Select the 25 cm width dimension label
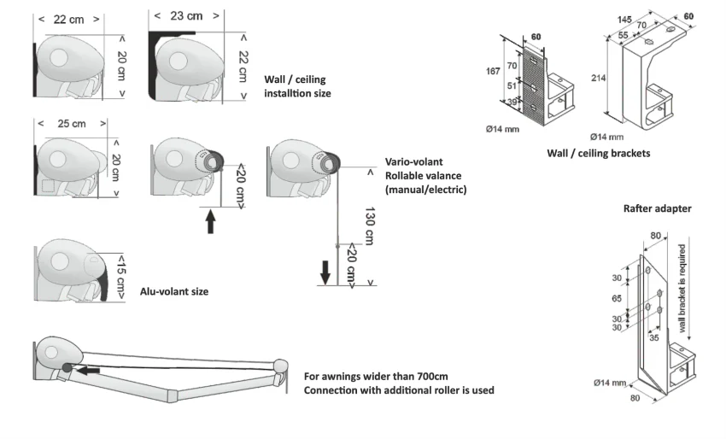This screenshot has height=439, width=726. tap(71, 124)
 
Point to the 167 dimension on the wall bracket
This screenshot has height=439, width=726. tap(494, 72)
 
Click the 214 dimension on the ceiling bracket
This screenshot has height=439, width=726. tap(598, 78)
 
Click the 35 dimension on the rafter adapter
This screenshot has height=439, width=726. tap(654, 338)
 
